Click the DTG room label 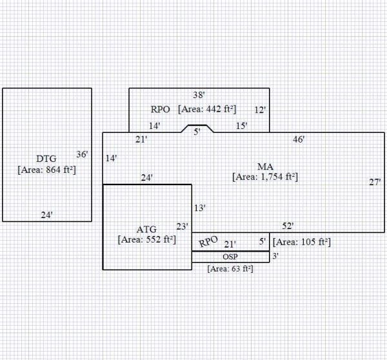click(47, 159)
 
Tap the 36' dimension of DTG click(82, 154)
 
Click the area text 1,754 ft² click(265, 176)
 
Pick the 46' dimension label click(299, 139)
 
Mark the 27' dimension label click(375, 183)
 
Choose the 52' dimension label click(288, 226)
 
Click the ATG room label click(146, 229)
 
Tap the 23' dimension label click(183, 226)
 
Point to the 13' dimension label click(200, 208)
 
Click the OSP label click(230, 257)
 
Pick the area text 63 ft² click(230, 268)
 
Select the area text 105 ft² click(302, 242)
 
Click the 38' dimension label click(199, 95)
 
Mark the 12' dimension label click(260, 110)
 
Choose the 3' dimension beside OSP click(275, 256)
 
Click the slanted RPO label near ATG click(208, 242)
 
